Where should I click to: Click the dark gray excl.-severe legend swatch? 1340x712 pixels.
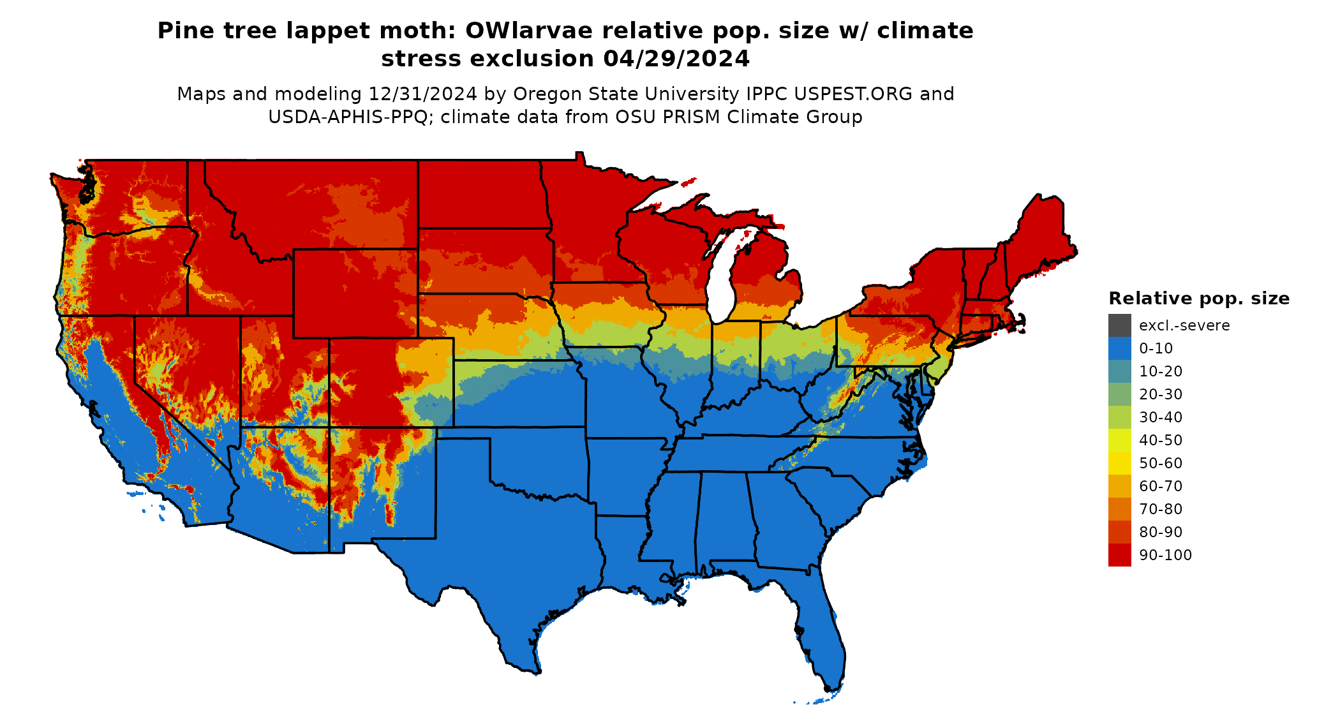coord(1119,325)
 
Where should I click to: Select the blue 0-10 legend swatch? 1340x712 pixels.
coord(1119,348)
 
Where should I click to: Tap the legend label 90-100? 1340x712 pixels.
coord(1165,555)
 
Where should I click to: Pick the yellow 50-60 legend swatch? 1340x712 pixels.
coord(1119,463)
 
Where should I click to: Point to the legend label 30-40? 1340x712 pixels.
coord(1161,417)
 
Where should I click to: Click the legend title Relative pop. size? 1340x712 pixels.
coord(1198,299)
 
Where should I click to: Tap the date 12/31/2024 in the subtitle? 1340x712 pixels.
coord(422,94)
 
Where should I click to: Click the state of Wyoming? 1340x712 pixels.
coord(355,293)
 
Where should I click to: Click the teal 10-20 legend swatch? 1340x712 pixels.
coord(1119,371)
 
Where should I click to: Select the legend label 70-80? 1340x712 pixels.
coord(1161,509)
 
